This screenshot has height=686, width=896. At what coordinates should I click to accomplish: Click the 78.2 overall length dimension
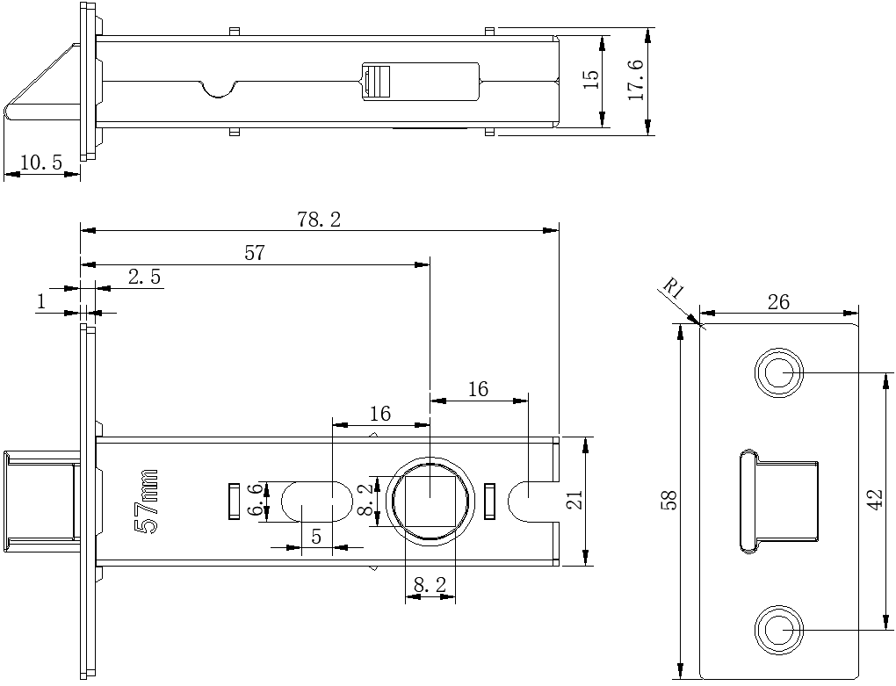pyautogui.click(x=319, y=220)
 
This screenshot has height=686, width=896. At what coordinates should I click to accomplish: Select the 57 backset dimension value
pyautogui.click(x=255, y=253)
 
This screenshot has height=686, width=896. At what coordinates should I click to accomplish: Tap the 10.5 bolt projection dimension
pyautogui.click(x=41, y=162)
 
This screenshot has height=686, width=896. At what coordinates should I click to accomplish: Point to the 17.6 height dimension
pyautogui.click(x=636, y=80)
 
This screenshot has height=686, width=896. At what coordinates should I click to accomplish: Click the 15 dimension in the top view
pyautogui.click(x=591, y=79)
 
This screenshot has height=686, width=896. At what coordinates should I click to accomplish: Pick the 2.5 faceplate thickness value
pyautogui.click(x=145, y=277)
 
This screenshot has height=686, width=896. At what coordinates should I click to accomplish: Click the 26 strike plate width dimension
pyautogui.click(x=778, y=301)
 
